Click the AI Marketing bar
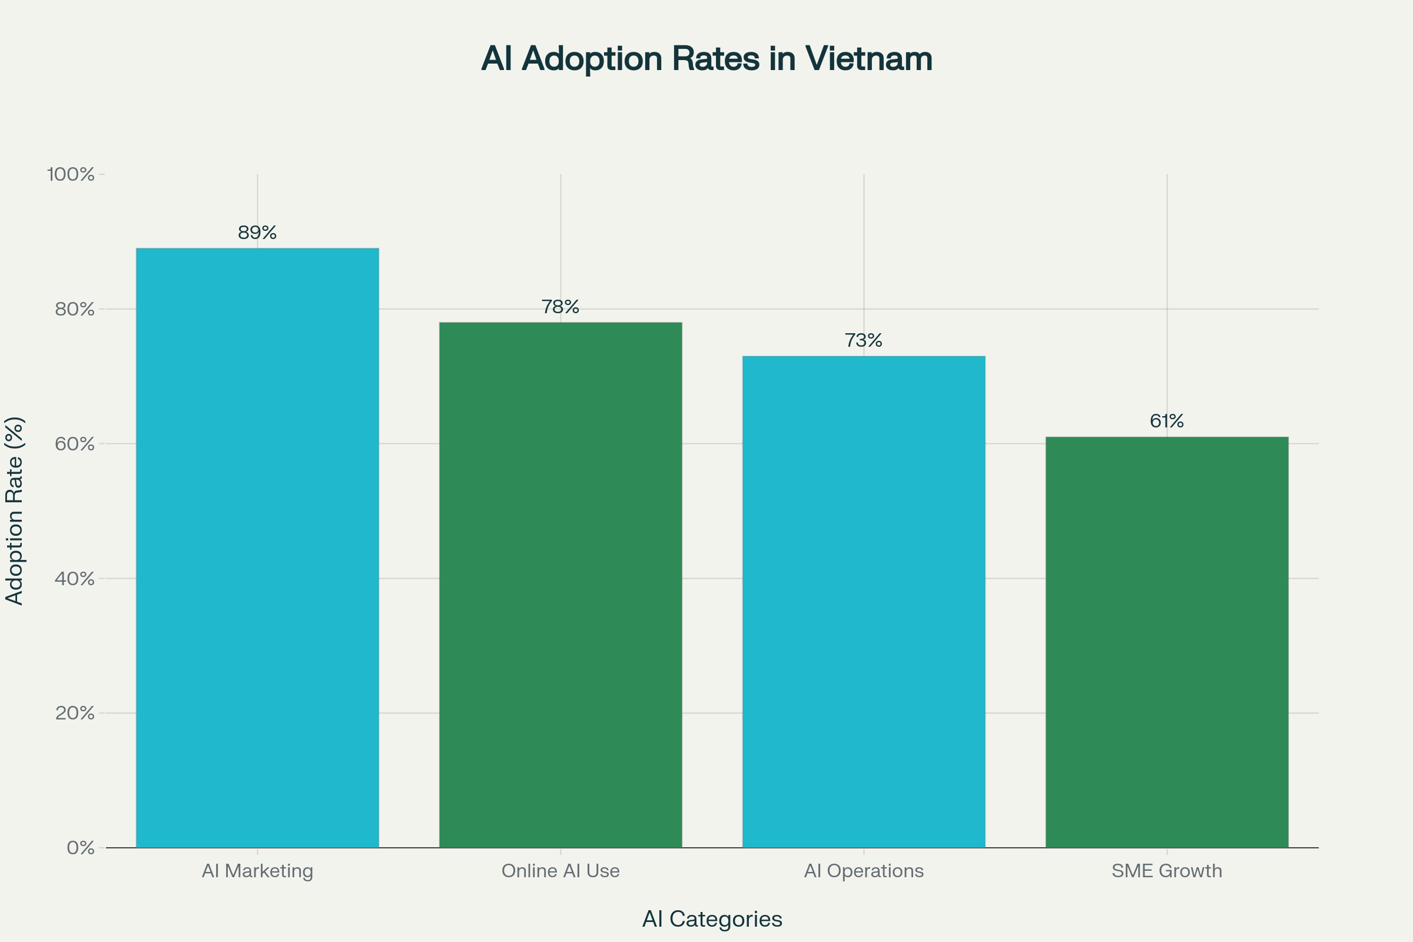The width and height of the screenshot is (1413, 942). [x=257, y=548]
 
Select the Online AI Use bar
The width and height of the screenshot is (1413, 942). [x=560, y=585]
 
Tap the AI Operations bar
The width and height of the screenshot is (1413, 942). [x=863, y=601]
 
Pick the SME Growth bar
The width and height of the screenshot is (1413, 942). [x=1167, y=642]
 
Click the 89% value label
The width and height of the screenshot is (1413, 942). [x=257, y=233]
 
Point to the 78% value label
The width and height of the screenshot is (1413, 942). [x=560, y=307]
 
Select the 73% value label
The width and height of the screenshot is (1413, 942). [x=863, y=341]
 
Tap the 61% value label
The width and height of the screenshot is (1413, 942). [x=1167, y=421]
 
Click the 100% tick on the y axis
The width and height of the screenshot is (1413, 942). [x=71, y=174]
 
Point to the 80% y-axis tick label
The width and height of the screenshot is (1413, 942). [x=75, y=310]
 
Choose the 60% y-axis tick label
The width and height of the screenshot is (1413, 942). [x=75, y=444]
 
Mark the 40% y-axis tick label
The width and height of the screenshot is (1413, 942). [x=75, y=579]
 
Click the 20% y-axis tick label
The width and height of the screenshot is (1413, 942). [x=75, y=713]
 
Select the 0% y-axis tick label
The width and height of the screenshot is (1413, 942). [x=81, y=848]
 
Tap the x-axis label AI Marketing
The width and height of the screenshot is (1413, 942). [x=257, y=871]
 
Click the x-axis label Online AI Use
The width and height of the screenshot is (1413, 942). [x=560, y=871]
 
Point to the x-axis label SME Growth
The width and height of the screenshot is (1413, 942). [x=1167, y=871]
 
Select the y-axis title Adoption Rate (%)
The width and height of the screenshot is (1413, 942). [x=14, y=510]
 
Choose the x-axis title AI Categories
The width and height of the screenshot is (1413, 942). [x=712, y=918]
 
